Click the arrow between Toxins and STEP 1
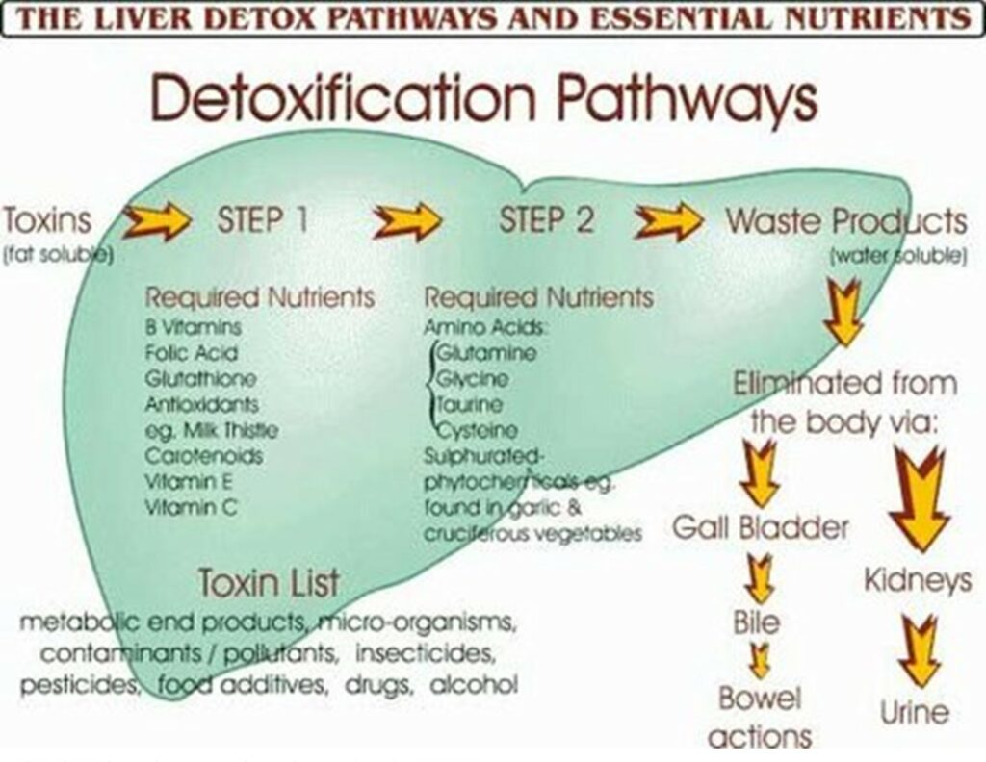pos(157,220)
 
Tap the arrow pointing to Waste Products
pos(668,220)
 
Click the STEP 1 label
pos(262,220)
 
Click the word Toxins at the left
pos(46,220)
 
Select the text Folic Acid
pos(192,353)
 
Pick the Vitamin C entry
pos(191,506)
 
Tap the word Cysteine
pos(477,431)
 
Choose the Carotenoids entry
pos(203,455)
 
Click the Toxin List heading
pos(269,582)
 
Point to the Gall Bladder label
pos(761,528)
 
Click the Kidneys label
pos(918,580)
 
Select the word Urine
pos(915,713)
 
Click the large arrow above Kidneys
pos(920,498)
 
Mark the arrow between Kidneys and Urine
pos(918,649)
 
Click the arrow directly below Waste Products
pos(843,310)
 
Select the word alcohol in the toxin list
pos(473,685)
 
